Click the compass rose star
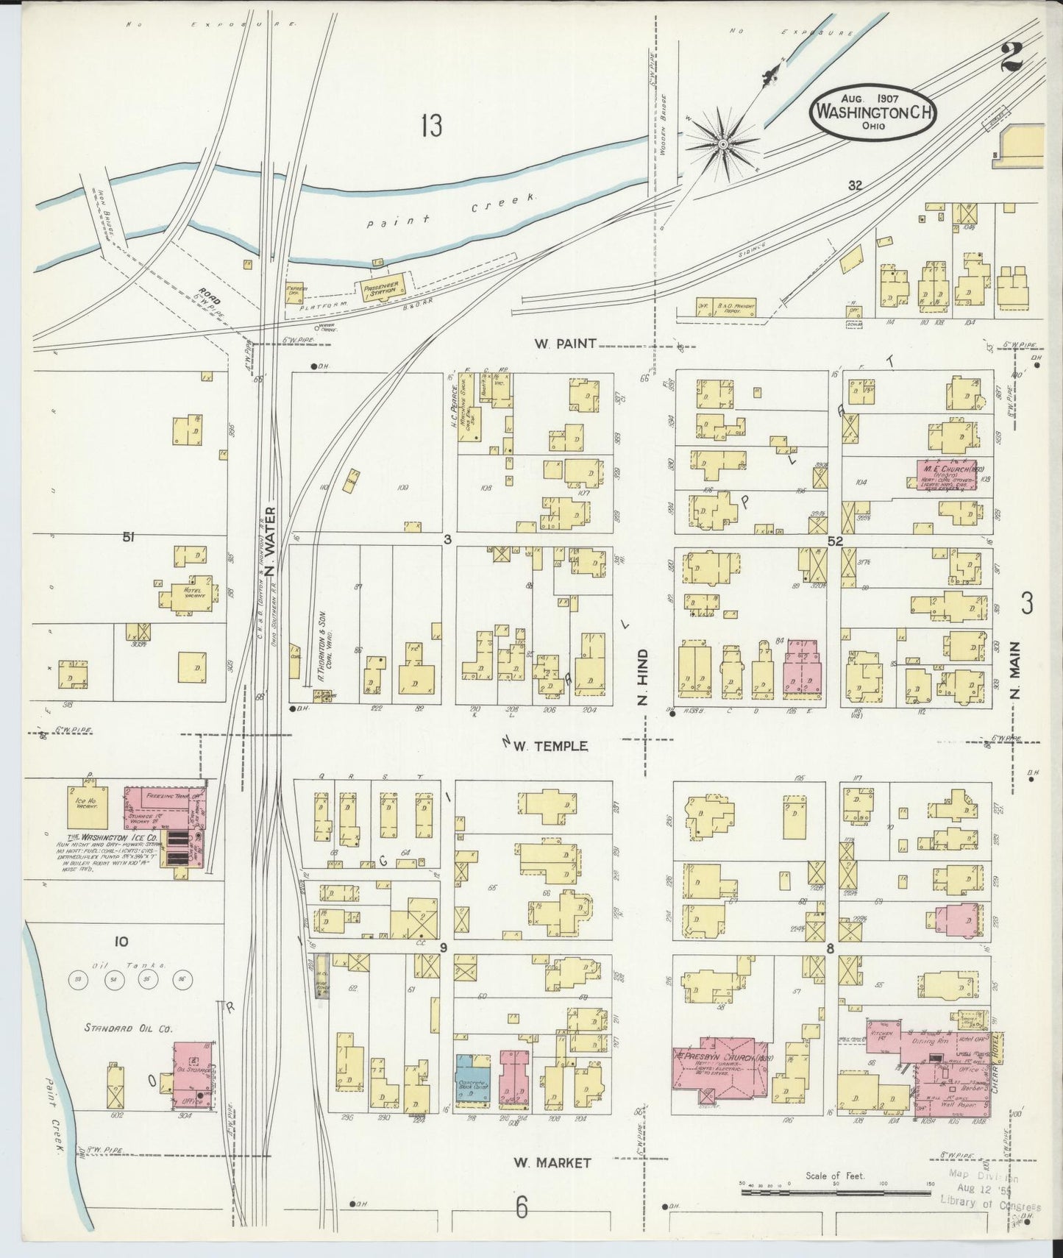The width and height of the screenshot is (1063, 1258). pyautogui.click(x=722, y=145)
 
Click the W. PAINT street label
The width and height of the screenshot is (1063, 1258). pyautogui.click(x=565, y=343)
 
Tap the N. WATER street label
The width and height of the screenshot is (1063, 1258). pyautogui.click(x=270, y=542)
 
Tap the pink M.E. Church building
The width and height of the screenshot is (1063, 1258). pyautogui.click(x=946, y=475)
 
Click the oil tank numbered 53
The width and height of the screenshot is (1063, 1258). pyautogui.click(x=79, y=979)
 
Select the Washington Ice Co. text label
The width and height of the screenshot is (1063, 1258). pyautogui.click(x=114, y=838)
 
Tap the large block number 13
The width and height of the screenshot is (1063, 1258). pyautogui.click(x=432, y=127)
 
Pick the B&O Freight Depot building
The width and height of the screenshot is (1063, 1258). pyautogui.click(x=725, y=308)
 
